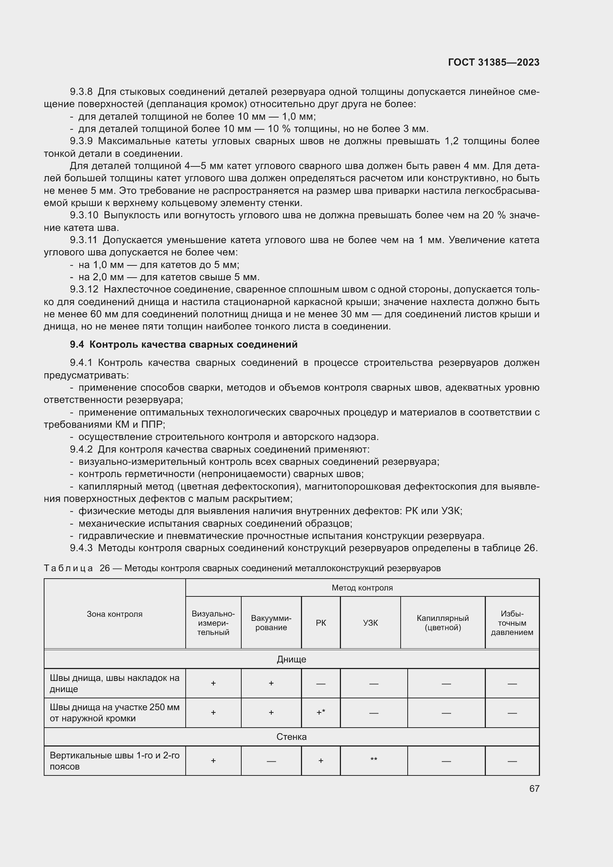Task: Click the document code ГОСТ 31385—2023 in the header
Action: point(493,62)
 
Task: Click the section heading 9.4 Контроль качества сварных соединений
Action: point(183,344)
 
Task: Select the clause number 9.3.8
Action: point(81,92)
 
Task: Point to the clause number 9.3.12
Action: point(84,289)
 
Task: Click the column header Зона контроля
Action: point(115,613)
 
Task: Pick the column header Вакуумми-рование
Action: point(271,623)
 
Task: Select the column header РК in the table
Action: point(321,623)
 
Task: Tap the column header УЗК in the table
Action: point(370,623)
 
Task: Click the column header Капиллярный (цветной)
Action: point(443,623)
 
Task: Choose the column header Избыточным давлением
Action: point(512,623)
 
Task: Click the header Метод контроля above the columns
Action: point(362,588)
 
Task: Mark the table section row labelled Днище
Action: point(291,659)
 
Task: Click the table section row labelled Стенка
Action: point(291,737)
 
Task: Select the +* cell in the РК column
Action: point(321,712)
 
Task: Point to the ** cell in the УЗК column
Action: point(374,760)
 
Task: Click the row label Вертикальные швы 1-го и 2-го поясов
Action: point(115,761)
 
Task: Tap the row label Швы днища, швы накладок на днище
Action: point(115,683)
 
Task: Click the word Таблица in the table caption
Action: point(68,568)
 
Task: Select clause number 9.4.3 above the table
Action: point(81,547)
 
